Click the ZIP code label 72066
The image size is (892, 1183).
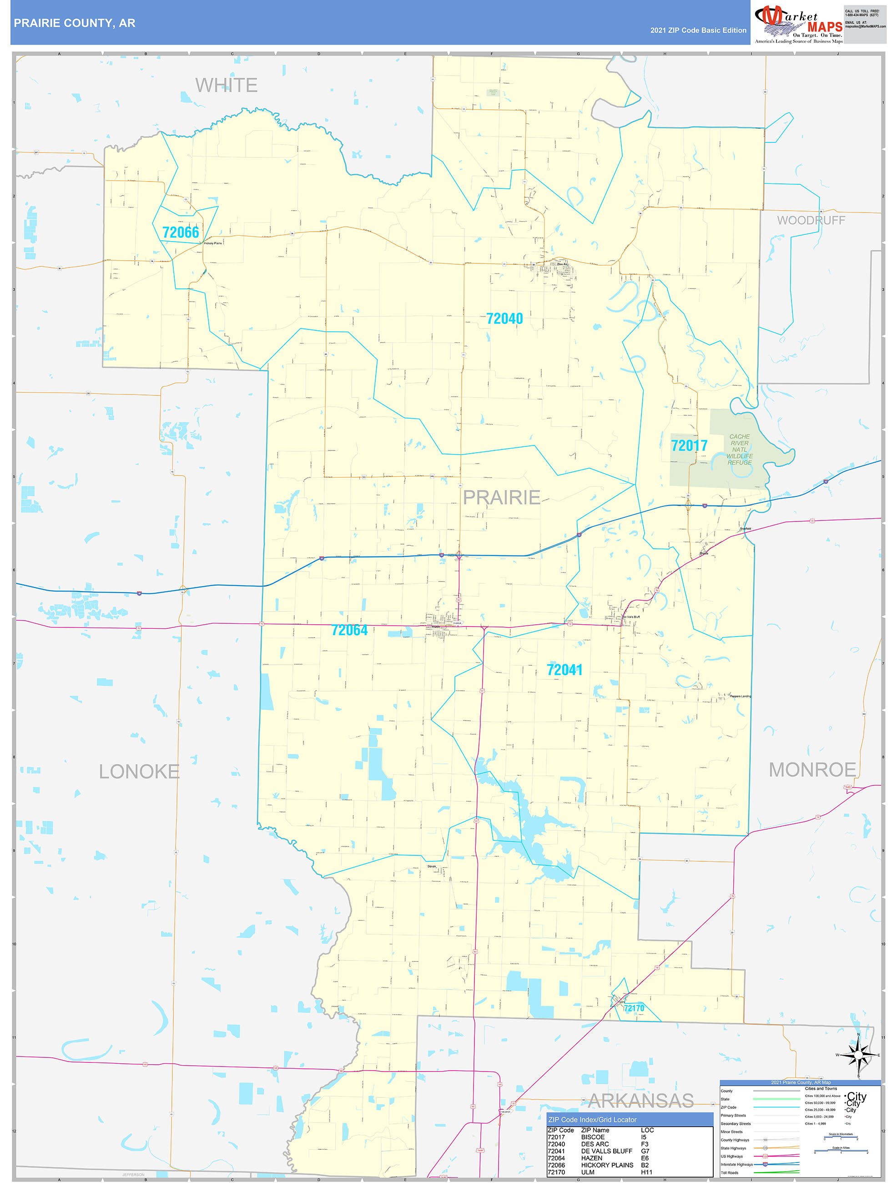point(181,232)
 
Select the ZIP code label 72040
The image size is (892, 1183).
point(504,319)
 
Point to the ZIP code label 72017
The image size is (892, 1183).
point(689,445)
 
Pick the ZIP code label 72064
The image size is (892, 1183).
point(349,630)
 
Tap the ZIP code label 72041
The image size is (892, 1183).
point(564,670)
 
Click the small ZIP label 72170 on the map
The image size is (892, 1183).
point(634,1008)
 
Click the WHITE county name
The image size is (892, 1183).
point(226,85)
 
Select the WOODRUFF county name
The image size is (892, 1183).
point(811,220)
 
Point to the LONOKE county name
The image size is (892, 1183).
point(139,771)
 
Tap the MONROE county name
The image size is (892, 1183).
point(812,769)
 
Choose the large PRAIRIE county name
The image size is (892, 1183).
point(501,497)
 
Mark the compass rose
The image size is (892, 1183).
point(858,1055)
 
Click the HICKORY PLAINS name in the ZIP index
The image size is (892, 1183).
point(607,1165)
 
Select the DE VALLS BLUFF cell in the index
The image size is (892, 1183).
point(606,1151)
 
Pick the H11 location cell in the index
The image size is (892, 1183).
point(646,1172)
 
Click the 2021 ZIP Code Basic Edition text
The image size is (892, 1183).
point(698,30)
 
